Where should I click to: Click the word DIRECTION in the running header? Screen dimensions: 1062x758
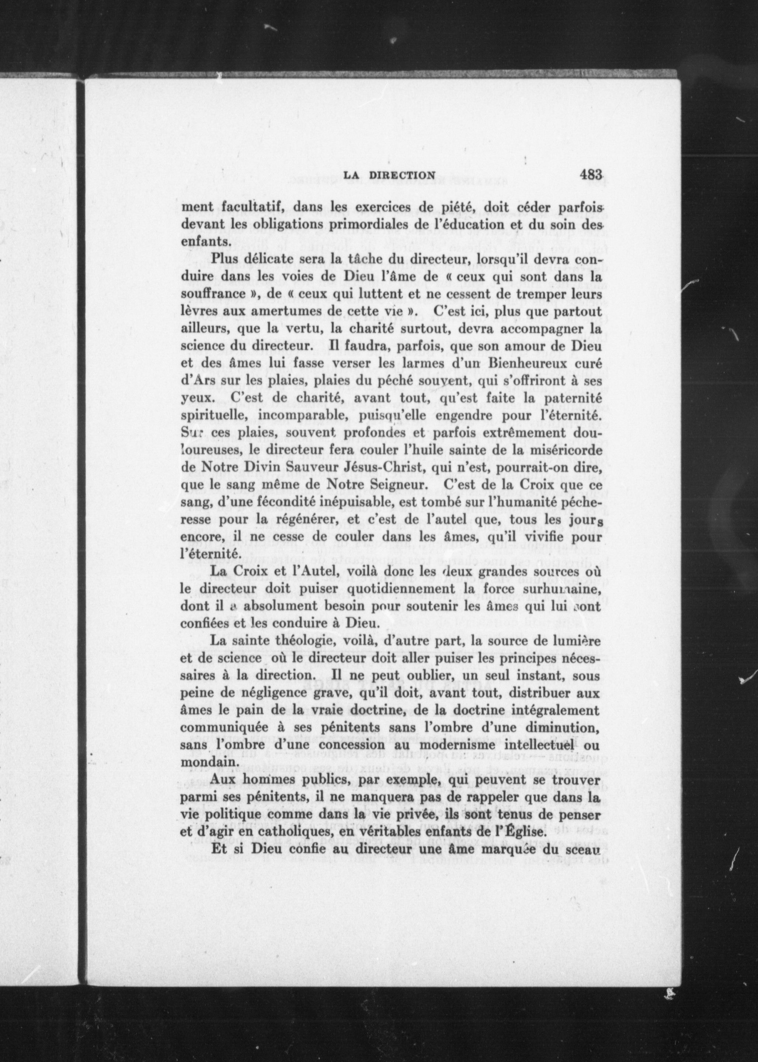(x=402, y=176)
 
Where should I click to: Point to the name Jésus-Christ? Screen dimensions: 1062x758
(x=382, y=467)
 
